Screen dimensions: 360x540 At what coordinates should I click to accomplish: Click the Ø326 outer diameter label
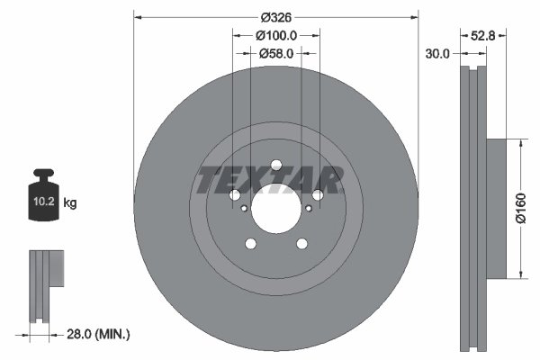(276, 16)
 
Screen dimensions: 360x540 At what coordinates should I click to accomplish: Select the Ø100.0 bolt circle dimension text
(276, 35)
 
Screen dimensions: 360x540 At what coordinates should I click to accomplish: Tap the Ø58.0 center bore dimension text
(276, 54)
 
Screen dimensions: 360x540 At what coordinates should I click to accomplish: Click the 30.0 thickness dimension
(437, 54)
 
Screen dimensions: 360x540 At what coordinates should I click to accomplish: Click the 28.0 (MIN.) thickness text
(98, 335)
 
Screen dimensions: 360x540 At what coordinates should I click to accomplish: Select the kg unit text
(70, 203)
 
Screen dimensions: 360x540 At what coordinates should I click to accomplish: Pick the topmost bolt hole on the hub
(276, 164)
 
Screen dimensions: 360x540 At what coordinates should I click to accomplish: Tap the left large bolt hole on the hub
(234, 195)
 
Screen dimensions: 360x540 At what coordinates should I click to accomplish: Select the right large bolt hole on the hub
(319, 195)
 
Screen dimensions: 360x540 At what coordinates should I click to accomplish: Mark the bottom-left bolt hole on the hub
(250, 244)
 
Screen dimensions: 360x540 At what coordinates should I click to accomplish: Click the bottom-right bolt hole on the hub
(302, 244)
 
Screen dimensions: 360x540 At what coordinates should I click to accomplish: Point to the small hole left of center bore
(244, 209)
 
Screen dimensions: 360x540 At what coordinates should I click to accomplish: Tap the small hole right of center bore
(309, 209)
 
